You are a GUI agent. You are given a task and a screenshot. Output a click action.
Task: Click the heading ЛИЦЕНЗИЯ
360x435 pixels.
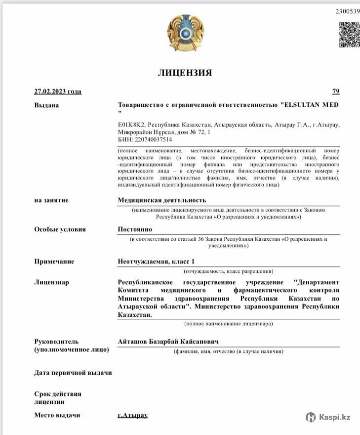point(185,73)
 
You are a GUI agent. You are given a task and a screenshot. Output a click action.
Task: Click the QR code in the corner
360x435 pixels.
point(349,34)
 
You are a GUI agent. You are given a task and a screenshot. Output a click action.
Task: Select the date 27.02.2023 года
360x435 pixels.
point(58,91)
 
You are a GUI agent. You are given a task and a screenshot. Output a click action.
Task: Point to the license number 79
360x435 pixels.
point(336,91)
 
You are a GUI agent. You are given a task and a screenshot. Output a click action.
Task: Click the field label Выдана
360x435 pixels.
point(46,105)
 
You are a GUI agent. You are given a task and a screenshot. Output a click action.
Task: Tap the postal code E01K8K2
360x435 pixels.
point(131,125)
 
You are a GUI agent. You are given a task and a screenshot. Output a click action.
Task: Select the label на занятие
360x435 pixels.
point(51,200)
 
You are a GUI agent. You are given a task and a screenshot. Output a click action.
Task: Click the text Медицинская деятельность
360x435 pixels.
point(161,200)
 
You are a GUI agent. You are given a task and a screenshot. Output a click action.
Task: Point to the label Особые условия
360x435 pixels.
point(60,229)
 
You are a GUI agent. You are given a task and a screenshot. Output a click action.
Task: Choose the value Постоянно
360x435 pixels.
point(135,229)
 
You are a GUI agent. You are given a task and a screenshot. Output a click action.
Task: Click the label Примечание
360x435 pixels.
point(54,261)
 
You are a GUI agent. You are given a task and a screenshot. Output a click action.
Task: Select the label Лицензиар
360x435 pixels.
point(51,282)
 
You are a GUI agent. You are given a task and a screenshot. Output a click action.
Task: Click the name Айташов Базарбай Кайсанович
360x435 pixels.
point(168,342)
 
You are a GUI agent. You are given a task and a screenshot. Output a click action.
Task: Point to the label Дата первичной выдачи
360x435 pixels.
point(73,373)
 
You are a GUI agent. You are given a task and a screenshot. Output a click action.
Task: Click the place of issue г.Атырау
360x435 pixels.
point(133,415)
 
